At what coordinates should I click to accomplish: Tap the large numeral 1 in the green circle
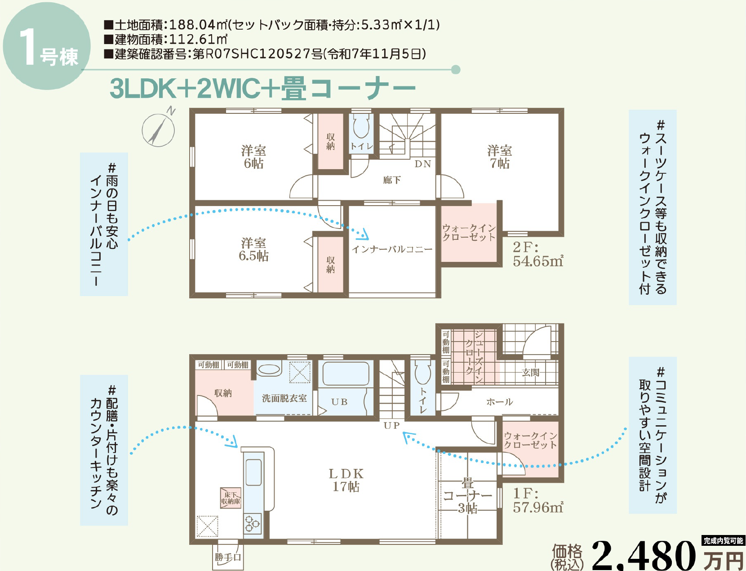pos(27,47)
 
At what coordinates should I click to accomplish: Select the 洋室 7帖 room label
pos(499,157)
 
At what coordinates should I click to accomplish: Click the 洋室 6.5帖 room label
pos(253,249)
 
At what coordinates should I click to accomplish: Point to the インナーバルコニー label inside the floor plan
pos(392,249)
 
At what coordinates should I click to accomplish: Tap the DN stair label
pos(423,164)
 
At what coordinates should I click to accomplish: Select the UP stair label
pos(391,425)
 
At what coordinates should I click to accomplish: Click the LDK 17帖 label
pos(346,480)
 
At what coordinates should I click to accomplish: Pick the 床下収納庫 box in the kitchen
pos(231,498)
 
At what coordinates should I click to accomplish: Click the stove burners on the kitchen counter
pos(253,523)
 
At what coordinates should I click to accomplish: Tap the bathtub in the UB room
pos(346,373)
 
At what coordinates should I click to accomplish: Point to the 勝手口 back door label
pos(228,557)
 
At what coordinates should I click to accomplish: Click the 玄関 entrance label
pos(531,373)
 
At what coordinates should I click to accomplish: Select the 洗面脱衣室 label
pos(284,398)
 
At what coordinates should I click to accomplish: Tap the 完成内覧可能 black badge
pos(723,540)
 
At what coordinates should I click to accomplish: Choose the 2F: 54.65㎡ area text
pos(537,254)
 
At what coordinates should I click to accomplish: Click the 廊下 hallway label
pos(392,180)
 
